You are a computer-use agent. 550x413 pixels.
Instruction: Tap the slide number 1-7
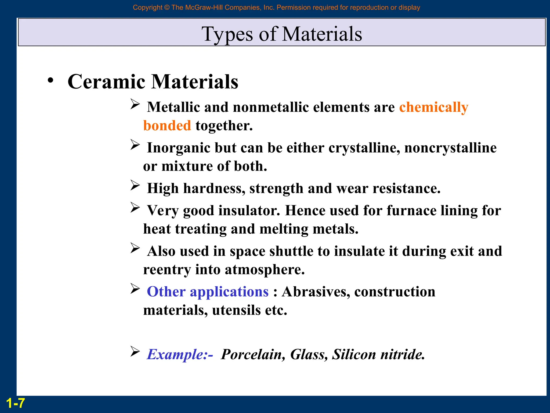point(15,403)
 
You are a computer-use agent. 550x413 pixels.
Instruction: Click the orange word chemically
point(433,107)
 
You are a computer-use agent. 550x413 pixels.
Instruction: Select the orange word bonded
point(167,126)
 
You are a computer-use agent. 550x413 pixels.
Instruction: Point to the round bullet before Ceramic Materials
point(50,80)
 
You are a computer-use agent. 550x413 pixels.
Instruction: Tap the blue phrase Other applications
point(208,292)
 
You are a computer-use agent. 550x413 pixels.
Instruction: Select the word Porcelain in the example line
point(253,354)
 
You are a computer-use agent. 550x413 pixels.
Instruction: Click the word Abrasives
point(316,292)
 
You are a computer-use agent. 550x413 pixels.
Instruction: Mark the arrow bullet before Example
point(135,351)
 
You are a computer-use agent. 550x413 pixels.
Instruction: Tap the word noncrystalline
point(450,148)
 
